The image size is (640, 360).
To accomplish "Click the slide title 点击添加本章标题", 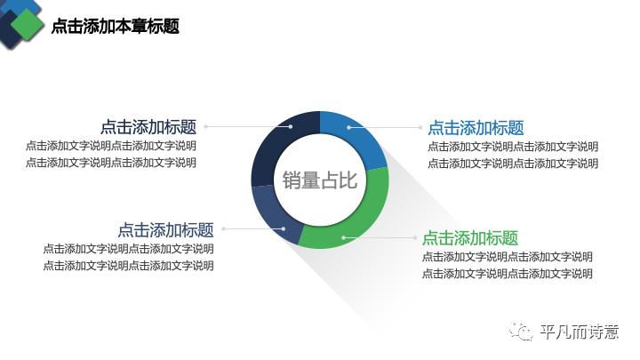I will click(x=116, y=27).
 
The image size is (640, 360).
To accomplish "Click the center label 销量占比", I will click(x=319, y=180).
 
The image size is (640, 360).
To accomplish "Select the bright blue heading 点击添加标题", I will click(x=476, y=128).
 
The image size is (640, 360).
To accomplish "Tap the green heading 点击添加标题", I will click(x=469, y=238).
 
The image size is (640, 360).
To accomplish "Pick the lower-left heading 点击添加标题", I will click(x=165, y=229).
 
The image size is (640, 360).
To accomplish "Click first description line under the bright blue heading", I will click(x=513, y=147).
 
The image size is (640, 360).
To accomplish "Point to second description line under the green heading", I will click(x=507, y=274).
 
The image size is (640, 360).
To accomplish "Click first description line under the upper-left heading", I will click(x=111, y=146).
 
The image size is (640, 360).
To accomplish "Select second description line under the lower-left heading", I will click(x=128, y=265).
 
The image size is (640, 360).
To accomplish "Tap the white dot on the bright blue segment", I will click(x=349, y=127).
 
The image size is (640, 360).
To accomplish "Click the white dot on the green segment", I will click(x=343, y=238).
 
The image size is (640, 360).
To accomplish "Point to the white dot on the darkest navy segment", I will click(x=291, y=127).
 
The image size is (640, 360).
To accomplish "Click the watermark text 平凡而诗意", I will click(x=579, y=332).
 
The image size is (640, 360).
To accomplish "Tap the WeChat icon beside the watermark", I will click(x=521, y=332).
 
